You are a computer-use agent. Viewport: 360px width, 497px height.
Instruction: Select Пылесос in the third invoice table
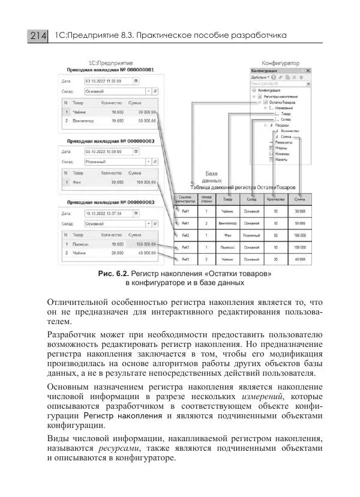point(83,244)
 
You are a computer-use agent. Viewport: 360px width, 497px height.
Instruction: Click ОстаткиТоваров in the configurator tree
point(281,102)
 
